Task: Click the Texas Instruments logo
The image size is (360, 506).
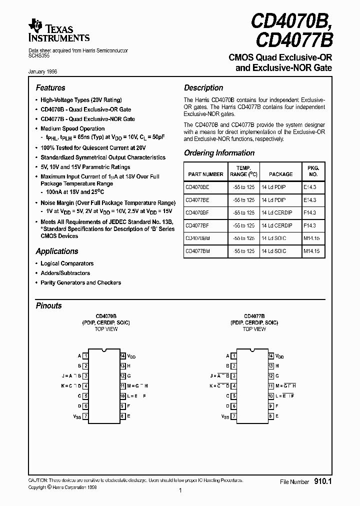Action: [59, 30]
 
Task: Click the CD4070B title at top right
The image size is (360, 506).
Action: [291, 21]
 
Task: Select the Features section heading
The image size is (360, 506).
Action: [50, 87]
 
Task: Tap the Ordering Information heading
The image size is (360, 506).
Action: [219, 153]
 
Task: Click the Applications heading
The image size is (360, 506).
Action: [57, 251]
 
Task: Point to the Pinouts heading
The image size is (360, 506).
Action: [49, 305]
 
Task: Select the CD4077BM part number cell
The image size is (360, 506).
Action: [198, 251]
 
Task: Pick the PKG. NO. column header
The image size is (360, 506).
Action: [313, 171]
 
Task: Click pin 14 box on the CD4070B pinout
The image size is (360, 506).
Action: [122, 356]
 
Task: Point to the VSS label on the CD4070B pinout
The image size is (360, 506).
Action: [76, 416]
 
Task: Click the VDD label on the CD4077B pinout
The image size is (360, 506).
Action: [279, 356]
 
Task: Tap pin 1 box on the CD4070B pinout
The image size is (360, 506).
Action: [86, 356]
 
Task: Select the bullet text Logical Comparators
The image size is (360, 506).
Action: [67, 263]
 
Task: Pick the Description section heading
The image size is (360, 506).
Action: [203, 87]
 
